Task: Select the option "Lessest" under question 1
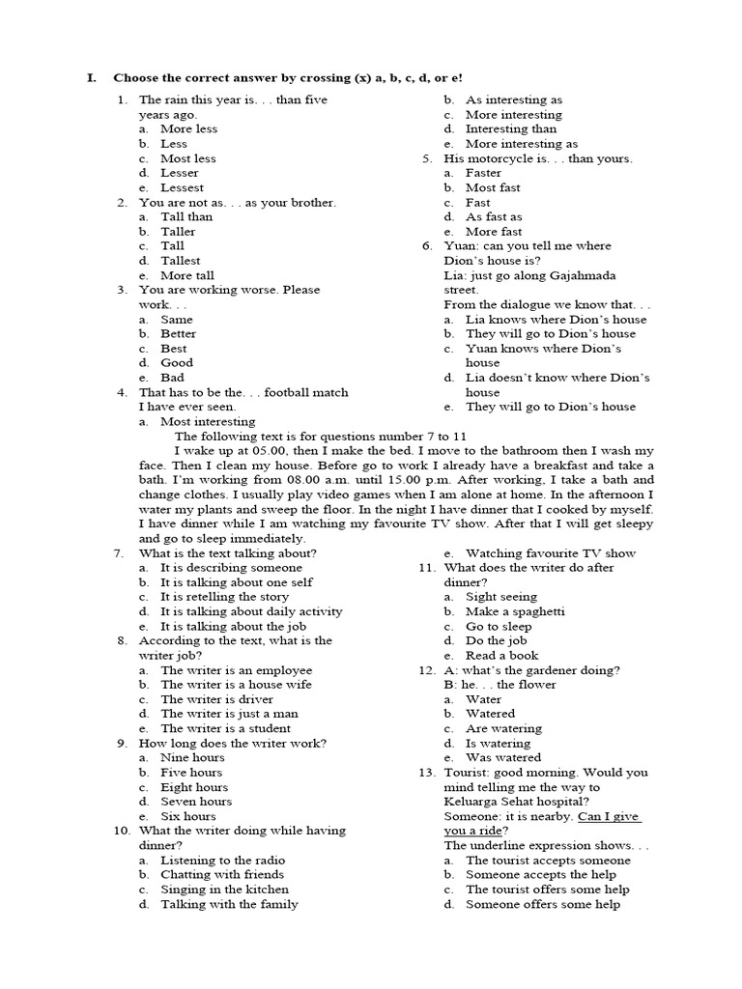(182, 187)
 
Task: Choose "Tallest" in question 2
(180, 261)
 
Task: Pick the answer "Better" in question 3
(178, 333)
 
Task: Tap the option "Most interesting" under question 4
(208, 421)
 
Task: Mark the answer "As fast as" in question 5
(494, 217)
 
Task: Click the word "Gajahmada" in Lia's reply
(601, 275)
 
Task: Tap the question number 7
(118, 553)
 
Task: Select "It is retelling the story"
(224, 597)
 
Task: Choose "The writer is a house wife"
(236, 685)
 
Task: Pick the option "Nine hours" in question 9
(192, 758)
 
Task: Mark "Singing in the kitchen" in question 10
(224, 890)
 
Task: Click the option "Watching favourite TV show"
(551, 553)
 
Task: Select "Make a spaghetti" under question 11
(515, 611)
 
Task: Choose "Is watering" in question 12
(498, 744)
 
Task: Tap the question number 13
(426, 773)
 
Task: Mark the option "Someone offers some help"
(543, 905)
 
